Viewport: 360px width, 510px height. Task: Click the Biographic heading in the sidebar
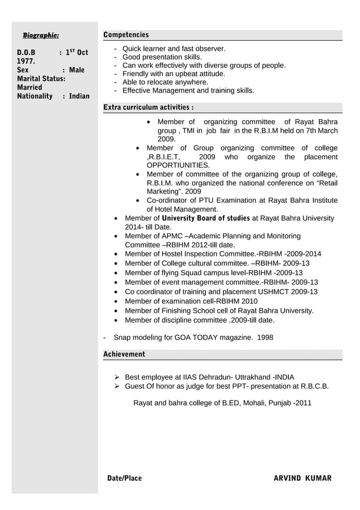pyautogui.click(x=41, y=36)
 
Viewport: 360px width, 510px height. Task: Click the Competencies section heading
pyautogui.click(x=126, y=35)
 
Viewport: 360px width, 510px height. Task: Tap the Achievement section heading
pyautogui.click(x=124, y=354)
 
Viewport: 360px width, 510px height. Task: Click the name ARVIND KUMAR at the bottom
pyautogui.click(x=302, y=478)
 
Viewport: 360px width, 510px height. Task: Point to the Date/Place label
pyautogui.click(x=125, y=478)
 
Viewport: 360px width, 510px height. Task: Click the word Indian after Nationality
pyautogui.click(x=79, y=96)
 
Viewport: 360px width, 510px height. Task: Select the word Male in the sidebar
pyautogui.click(x=77, y=70)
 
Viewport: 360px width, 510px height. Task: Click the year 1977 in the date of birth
pyautogui.click(x=26, y=61)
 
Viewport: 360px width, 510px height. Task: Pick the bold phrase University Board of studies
pyautogui.click(x=205, y=218)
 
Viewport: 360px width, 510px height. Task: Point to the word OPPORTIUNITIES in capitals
pyautogui.click(x=178, y=165)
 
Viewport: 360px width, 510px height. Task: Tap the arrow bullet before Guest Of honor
pyautogui.click(x=117, y=386)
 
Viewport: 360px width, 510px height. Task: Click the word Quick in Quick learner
pyautogui.click(x=133, y=49)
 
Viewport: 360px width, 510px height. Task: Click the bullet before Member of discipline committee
pyautogui.click(x=116, y=320)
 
